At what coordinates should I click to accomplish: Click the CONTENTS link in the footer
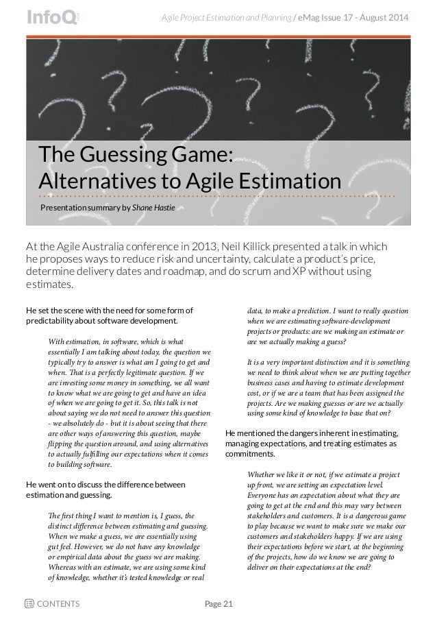(58, 604)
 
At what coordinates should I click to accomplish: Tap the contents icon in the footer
(29, 604)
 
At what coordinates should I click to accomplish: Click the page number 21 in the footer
(227, 604)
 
